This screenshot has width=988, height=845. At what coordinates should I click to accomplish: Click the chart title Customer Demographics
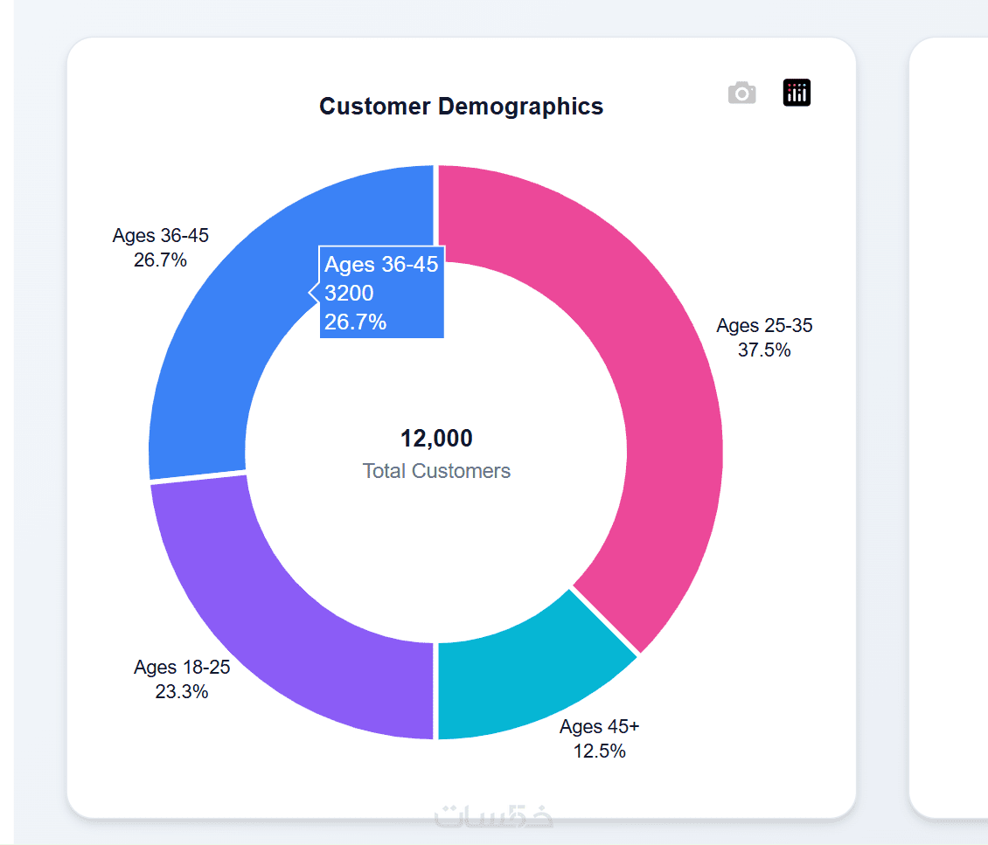pos(461,107)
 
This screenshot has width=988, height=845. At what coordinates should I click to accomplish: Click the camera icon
pos(741,93)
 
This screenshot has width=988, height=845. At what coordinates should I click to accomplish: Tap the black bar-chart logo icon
pos(797,93)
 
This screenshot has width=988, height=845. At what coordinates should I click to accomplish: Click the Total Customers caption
pos(436,471)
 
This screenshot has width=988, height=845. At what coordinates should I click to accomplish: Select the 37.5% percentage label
pos(764,350)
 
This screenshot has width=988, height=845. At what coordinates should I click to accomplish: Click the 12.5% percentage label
pos(600,751)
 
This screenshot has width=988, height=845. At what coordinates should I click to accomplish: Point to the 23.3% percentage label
pos(182,692)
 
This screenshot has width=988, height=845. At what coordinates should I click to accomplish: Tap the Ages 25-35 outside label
pos(764,326)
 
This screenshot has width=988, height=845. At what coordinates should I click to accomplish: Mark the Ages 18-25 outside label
pos(182,668)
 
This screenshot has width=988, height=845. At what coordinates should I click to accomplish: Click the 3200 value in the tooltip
pos(349,294)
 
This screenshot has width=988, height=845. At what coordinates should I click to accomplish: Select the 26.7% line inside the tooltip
pos(355,322)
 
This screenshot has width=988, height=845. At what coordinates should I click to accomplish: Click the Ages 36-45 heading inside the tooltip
pos(381,265)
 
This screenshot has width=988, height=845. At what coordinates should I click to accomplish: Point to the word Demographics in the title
pos(520,107)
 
